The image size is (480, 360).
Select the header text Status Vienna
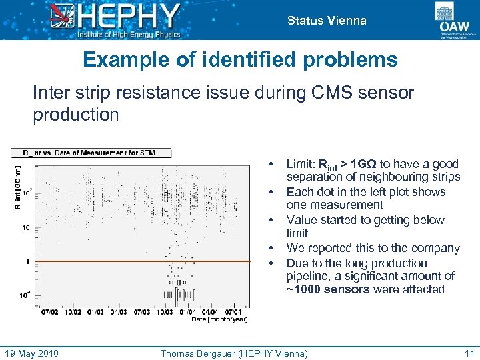327,21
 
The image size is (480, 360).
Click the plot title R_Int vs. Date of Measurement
89,153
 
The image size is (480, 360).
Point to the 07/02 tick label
50,311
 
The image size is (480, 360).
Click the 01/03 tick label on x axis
95,311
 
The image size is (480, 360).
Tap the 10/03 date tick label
165,311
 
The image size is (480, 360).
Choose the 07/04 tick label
233,311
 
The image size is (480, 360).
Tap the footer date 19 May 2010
32,353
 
